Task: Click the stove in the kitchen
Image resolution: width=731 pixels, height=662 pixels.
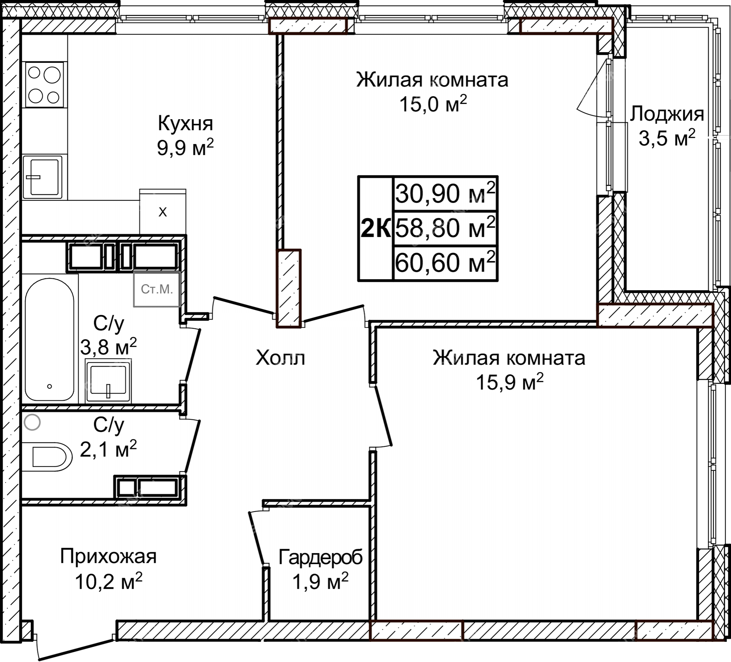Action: click(44, 84)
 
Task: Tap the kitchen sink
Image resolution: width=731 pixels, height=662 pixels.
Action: click(42, 177)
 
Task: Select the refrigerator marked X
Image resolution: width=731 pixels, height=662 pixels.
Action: click(163, 211)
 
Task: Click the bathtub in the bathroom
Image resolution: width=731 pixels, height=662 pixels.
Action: click(50, 339)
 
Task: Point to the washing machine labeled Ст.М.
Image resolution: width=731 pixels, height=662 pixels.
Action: click(157, 289)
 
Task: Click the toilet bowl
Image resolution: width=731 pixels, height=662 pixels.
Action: click(47, 457)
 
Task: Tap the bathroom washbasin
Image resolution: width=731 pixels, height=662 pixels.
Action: click(108, 382)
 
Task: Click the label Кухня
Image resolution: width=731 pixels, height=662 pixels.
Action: click(186, 123)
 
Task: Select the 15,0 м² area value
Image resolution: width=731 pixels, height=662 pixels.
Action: click(433, 103)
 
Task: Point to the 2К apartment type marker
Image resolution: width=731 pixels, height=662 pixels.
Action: click(376, 229)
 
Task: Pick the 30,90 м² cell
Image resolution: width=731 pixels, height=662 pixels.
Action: click(445, 193)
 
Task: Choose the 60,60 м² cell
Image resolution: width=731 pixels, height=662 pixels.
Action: click(445, 263)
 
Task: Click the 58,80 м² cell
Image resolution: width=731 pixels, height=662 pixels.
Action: click(445, 228)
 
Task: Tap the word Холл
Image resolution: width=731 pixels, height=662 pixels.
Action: click(280, 358)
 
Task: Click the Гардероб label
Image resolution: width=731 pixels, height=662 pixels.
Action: click(320, 558)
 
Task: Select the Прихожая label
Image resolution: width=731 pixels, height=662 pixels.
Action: click(108, 556)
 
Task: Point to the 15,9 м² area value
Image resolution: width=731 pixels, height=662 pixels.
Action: click(509, 382)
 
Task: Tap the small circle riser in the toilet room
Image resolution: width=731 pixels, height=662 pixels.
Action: click(32, 422)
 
